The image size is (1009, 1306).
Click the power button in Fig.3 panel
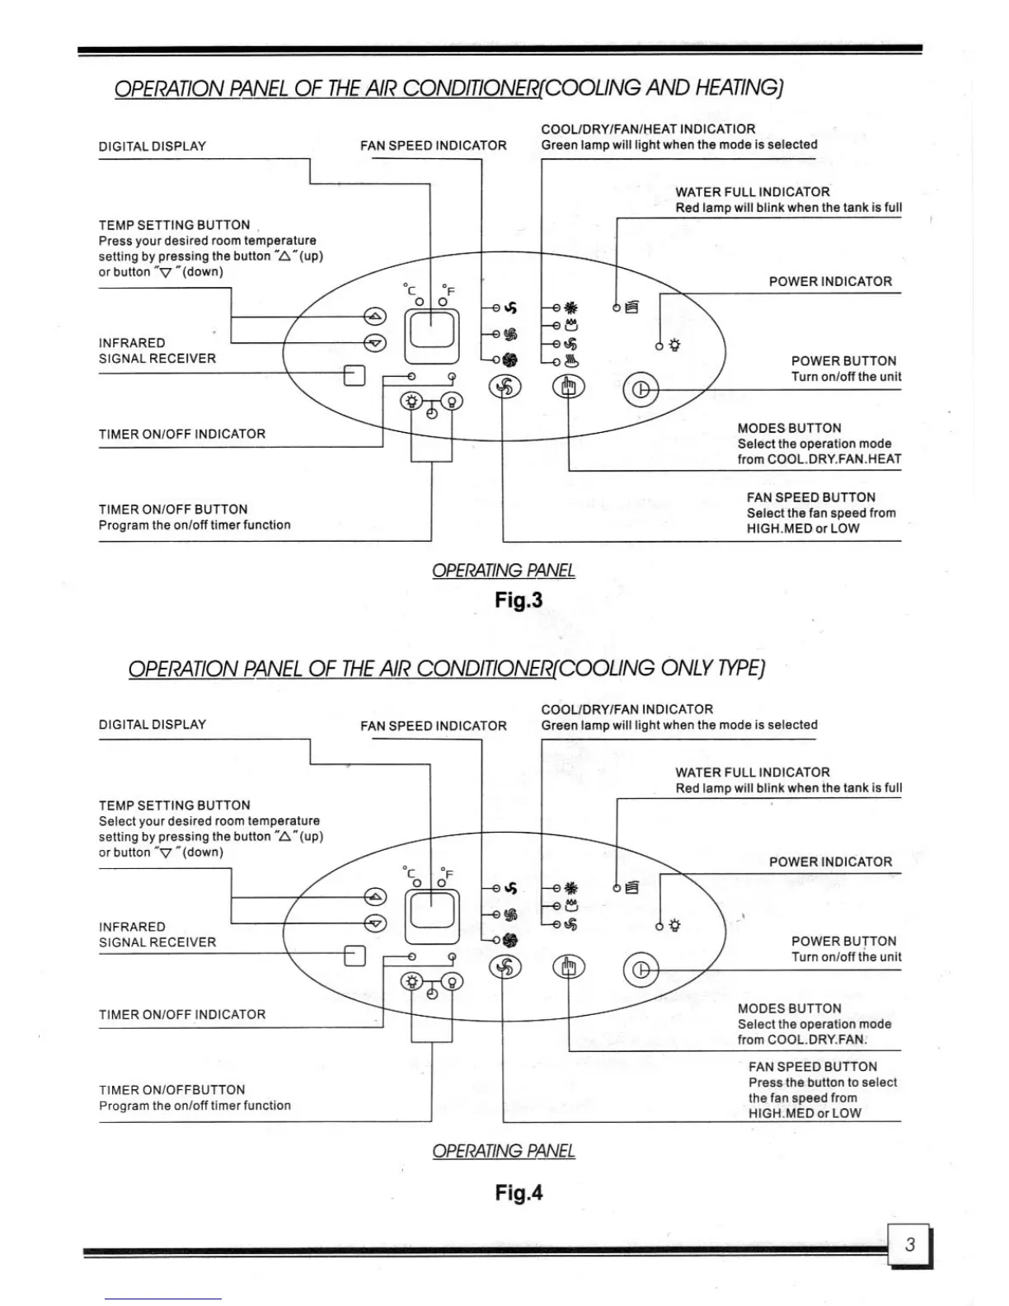(x=641, y=389)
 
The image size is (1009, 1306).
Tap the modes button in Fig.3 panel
(x=568, y=387)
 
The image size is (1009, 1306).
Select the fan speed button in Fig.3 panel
(x=505, y=386)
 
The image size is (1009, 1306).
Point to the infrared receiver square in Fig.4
(x=354, y=955)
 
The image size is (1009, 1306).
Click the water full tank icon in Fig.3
(x=632, y=308)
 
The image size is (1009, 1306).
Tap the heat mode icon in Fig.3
(x=572, y=360)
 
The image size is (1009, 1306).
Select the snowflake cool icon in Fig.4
(x=571, y=888)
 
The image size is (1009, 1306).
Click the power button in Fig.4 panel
(x=641, y=970)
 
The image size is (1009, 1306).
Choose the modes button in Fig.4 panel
(x=568, y=966)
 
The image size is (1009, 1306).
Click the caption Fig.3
(x=519, y=599)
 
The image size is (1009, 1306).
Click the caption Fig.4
(x=519, y=1192)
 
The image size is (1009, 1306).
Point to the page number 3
(x=910, y=1244)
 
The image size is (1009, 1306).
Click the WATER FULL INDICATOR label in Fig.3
(x=752, y=192)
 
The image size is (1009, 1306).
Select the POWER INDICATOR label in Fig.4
(x=830, y=862)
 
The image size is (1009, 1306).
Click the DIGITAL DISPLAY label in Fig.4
(x=153, y=725)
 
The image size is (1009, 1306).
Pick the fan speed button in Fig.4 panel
(x=505, y=966)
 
